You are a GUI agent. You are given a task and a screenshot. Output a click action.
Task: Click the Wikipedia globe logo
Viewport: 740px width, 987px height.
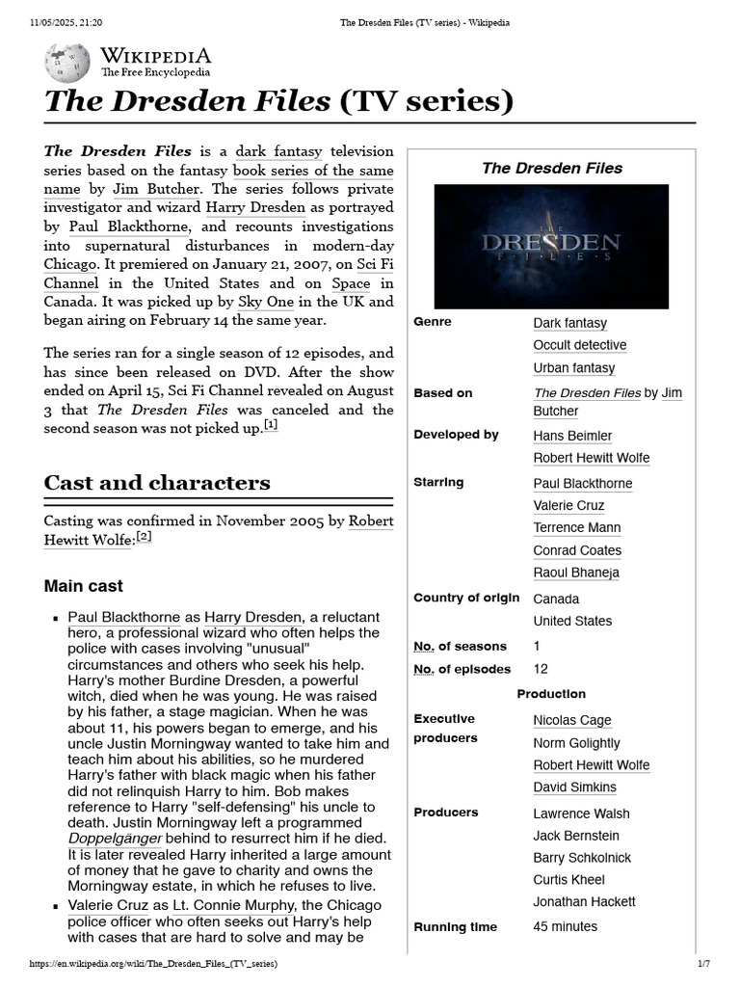pos(66,63)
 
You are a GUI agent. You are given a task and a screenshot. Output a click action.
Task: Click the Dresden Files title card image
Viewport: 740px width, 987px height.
pos(551,247)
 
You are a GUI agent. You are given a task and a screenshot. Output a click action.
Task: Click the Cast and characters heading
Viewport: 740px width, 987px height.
pos(157,483)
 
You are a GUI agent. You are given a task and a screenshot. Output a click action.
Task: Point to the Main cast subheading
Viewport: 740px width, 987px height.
pos(84,586)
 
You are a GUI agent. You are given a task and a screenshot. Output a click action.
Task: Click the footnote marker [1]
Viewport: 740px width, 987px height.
pos(271,425)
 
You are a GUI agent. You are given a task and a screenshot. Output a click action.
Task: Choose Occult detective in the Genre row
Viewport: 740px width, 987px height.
pos(579,345)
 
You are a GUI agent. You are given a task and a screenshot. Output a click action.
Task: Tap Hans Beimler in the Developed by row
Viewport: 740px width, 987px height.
pos(572,436)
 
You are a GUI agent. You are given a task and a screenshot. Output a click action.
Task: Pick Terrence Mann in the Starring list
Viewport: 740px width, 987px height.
pos(576,528)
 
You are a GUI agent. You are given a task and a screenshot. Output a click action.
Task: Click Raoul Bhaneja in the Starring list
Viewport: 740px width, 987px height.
pos(575,573)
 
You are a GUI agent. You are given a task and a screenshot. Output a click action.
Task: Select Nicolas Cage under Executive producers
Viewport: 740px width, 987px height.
pos(571,720)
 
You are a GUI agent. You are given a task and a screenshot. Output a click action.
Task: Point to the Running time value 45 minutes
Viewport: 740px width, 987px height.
pos(565,926)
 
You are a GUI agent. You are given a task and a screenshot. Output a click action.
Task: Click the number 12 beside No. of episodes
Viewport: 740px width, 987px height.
pos(541,669)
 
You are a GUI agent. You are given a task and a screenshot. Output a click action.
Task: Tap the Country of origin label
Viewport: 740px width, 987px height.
pos(466,598)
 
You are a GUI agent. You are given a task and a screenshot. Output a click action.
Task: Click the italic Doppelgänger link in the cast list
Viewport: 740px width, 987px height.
pos(116,840)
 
